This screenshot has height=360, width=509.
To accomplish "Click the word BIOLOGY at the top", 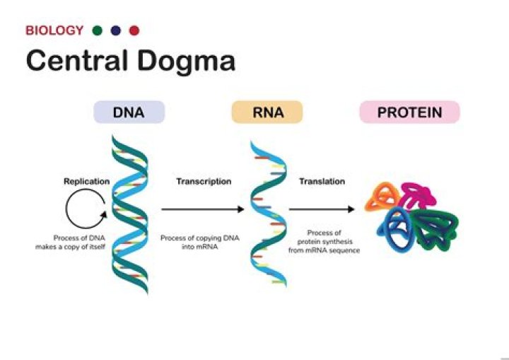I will (x=54, y=30).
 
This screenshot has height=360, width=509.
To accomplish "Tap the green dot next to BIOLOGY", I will (x=98, y=30).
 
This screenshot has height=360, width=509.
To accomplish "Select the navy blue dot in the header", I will (x=116, y=30).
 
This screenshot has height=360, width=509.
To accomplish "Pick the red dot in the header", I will (x=134, y=30).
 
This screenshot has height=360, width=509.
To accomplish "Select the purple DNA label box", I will (x=129, y=112).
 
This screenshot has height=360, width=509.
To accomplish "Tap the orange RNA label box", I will (x=267, y=112).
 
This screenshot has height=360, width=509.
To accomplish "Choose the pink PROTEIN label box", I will (x=409, y=112).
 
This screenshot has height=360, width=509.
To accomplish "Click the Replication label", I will (x=86, y=181).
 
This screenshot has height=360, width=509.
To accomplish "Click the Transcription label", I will (x=204, y=181).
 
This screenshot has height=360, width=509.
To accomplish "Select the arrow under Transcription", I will (x=203, y=209).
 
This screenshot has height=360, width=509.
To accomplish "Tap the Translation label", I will (x=322, y=181).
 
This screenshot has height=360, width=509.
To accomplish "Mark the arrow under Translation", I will (x=322, y=209).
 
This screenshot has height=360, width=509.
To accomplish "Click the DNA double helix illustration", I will (x=129, y=212).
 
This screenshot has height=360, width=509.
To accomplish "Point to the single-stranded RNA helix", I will (x=267, y=212).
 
